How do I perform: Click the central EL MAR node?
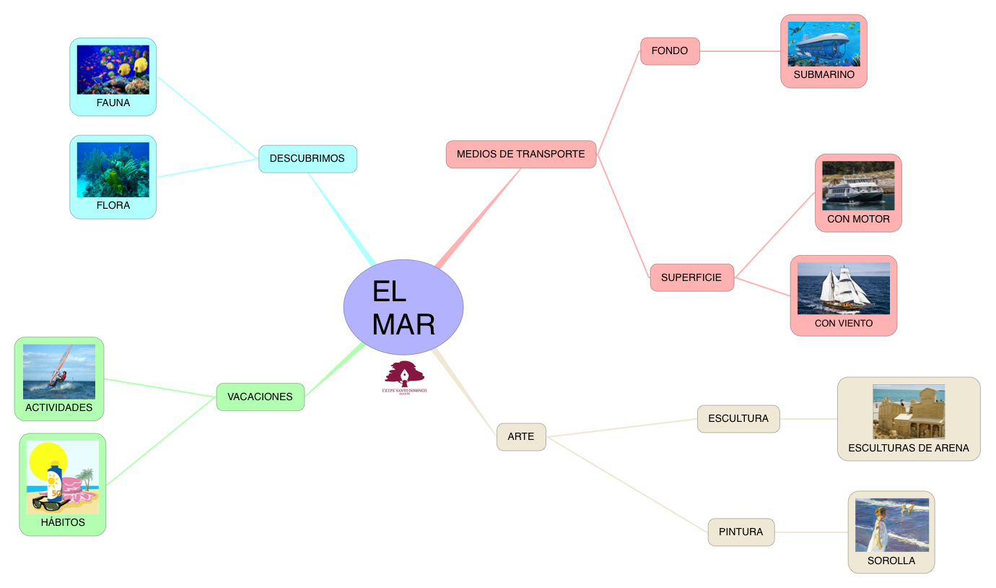click(x=403, y=307)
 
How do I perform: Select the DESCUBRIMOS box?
click(x=307, y=159)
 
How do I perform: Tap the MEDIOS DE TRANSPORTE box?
click(x=521, y=155)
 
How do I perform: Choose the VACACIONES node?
click(x=260, y=397)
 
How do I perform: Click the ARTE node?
click(x=521, y=437)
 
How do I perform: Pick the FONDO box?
click(x=670, y=51)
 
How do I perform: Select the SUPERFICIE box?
click(x=691, y=278)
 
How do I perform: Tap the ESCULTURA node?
click(x=738, y=419)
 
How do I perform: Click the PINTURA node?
click(x=741, y=532)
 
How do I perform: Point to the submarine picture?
click(x=824, y=44)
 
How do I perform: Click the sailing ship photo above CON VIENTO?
click(x=843, y=288)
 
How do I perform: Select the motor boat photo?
click(x=858, y=186)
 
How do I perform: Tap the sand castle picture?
click(x=909, y=412)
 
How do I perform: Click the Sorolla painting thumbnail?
click(x=891, y=524)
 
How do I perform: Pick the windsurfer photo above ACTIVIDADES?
click(x=59, y=371)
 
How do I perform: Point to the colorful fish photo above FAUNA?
click(x=113, y=69)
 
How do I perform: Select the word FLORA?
click(x=113, y=206)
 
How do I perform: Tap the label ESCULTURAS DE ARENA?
click(x=909, y=449)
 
